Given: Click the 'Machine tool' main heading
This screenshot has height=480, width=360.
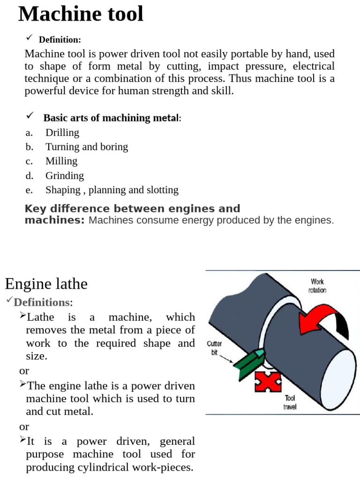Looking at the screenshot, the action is pos(81,14).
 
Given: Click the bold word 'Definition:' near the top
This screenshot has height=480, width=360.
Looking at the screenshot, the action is pos(60,40).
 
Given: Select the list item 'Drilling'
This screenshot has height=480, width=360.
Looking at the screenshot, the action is pos(62,133).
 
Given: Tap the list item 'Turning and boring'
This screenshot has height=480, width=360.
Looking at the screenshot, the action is pos(87,147).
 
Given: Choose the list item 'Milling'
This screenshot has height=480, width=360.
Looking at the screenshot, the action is pos(61,161).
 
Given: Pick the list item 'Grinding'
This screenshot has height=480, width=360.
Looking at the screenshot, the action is pos(65,176).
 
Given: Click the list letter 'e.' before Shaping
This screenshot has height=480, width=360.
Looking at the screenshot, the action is pos(30,190).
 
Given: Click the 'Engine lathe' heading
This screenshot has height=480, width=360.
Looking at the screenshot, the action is pos(46,284).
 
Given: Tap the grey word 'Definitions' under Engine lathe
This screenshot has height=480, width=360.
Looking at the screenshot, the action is pos(42,302).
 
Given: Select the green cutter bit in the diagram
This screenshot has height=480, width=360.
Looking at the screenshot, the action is pos(250,362).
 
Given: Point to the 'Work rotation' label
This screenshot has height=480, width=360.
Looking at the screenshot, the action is pos(317,286).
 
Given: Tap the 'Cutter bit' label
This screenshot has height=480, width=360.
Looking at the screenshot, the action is pos(215,348).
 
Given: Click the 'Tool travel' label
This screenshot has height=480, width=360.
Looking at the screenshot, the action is pos(290,403).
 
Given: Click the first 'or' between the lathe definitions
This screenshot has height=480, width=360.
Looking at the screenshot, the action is pos(24,371).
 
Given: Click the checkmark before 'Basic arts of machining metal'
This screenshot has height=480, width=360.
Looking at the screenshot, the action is pos(30,115).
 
